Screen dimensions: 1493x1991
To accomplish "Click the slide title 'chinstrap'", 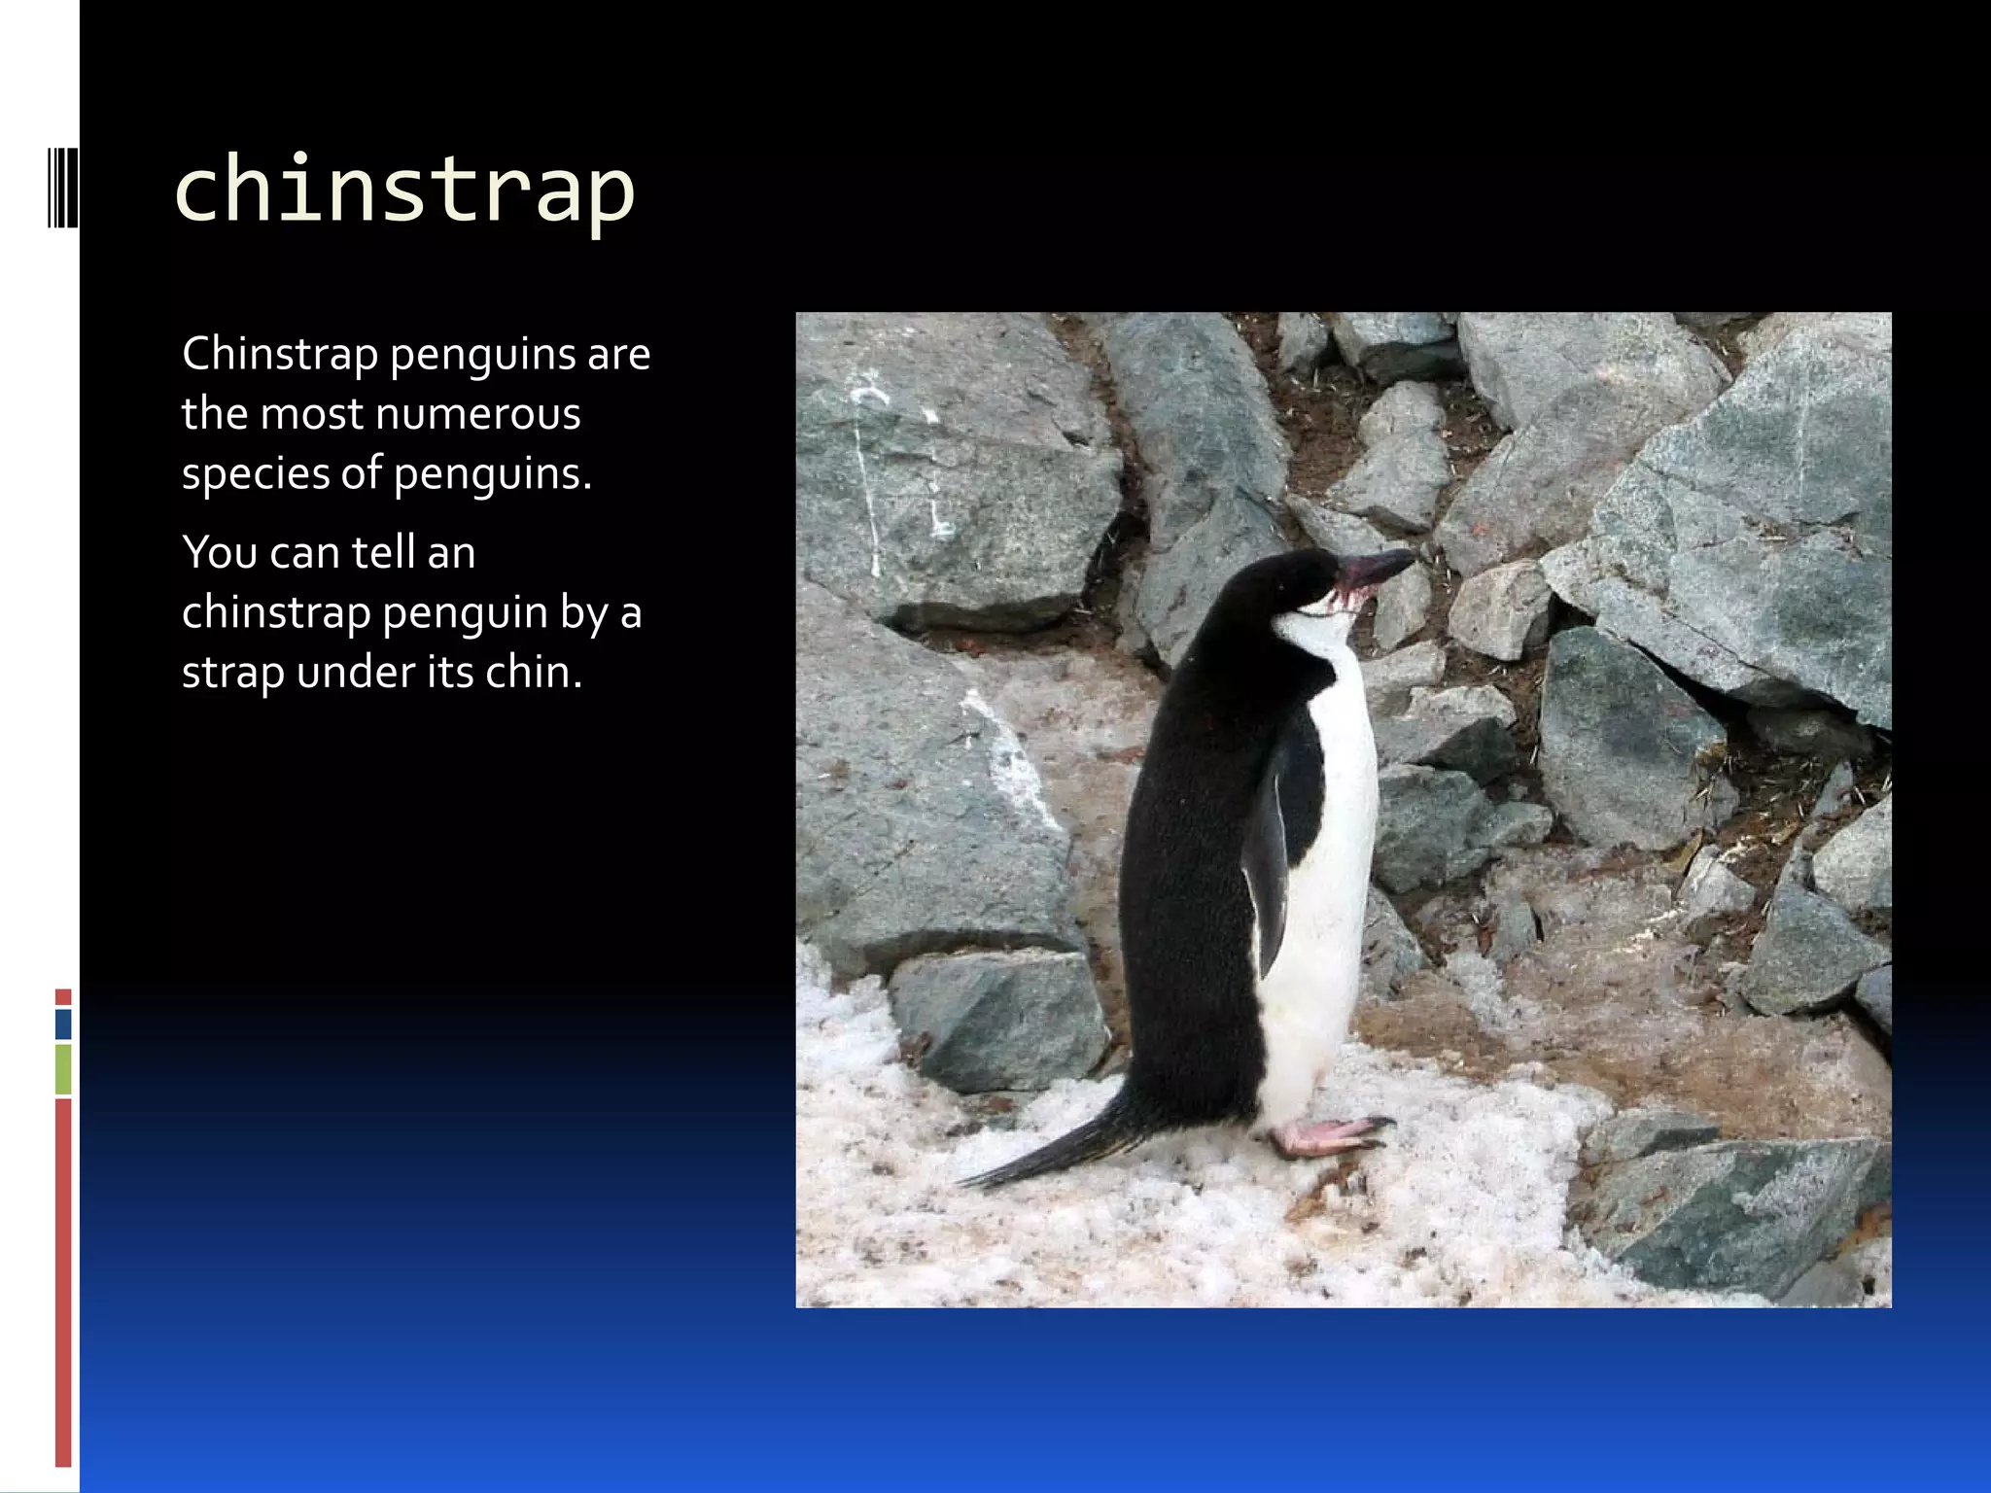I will pyautogui.click(x=403, y=190).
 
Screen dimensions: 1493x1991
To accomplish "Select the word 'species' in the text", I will pyautogui.click(x=255, y=474).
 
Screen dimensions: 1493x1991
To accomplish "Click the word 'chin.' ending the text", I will pyautogui.click(x=534, y=673).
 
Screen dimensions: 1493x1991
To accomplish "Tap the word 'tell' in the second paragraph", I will pyautogui.click(x=383, y=552).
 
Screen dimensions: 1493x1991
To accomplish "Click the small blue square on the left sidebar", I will pyautogui.click(x=63, y=1024).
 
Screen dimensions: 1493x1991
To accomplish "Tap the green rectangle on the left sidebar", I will pyautogui.click(x=63, y=1069).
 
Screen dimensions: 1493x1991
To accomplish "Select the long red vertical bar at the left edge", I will pyautogui.click(x=63, y=1283).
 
